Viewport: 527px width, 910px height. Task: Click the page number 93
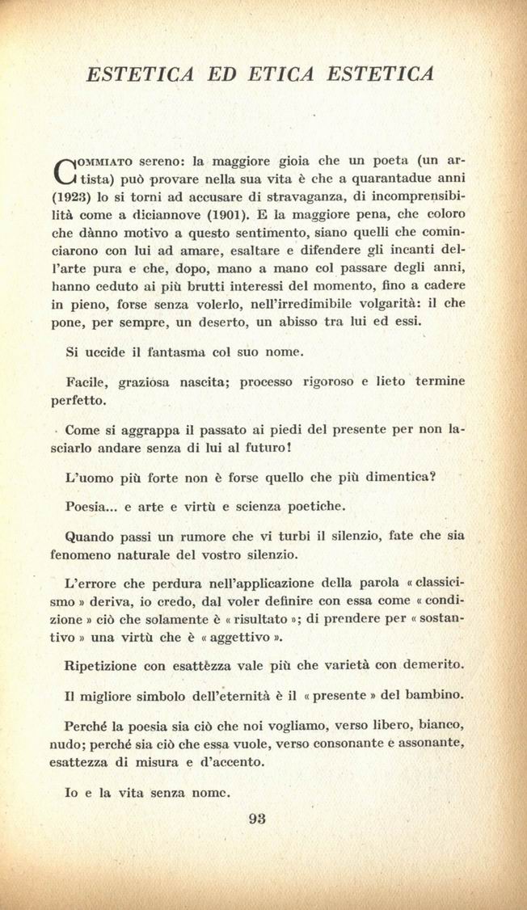click(x=258, y=817)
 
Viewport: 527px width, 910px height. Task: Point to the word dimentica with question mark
click(x=423, y=478)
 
